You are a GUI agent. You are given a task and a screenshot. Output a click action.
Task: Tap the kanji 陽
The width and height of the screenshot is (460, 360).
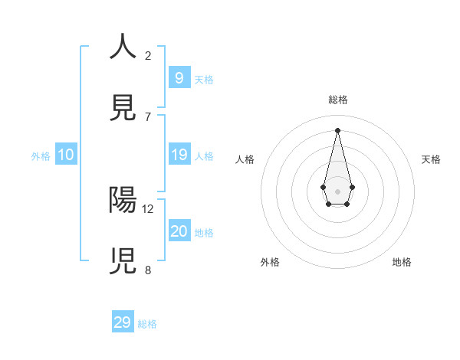point(123,200)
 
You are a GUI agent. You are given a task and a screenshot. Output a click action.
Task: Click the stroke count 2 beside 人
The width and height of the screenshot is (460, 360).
point(148,55)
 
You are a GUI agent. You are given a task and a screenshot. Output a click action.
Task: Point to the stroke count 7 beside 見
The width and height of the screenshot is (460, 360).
point(148,116)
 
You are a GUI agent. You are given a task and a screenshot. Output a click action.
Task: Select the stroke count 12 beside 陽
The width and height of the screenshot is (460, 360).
point(148,208)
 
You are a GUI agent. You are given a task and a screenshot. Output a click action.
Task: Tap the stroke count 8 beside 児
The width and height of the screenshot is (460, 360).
point(148,270)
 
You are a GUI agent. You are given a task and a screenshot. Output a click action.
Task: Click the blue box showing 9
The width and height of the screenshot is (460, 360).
point(179,77)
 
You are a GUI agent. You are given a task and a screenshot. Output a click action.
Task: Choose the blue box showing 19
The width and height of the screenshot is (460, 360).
point(179,155)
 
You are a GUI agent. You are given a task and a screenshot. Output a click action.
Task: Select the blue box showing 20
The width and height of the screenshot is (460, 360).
point(179,231)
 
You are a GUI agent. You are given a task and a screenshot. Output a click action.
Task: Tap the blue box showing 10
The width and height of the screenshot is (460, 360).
point(66,155)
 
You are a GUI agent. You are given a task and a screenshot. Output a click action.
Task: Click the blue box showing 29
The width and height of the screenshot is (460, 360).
point(123,322)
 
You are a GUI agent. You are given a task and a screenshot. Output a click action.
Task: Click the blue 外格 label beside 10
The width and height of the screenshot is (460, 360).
point(41,156)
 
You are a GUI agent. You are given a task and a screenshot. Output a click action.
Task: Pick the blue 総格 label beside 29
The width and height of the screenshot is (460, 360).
point(147,324)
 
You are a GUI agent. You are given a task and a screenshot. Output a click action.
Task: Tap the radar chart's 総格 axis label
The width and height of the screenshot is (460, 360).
point(337,100)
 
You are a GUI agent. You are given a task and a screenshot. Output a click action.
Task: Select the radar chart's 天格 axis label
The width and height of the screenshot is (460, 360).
point(431,159)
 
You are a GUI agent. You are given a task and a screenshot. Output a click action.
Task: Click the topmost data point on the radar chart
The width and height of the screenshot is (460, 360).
point(337,130)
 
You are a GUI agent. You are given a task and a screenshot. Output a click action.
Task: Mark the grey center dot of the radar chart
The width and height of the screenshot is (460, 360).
point(337,191)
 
